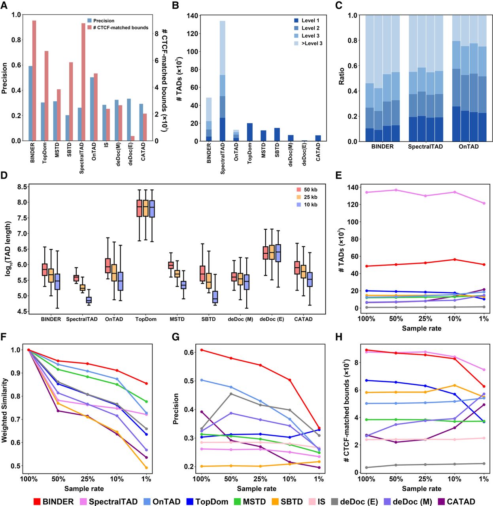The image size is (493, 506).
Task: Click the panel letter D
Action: point(4,175)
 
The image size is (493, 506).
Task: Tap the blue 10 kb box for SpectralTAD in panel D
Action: point(89,300)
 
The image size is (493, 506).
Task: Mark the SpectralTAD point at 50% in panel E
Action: point(396,190)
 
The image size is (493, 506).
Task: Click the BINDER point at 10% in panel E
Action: point(455,259)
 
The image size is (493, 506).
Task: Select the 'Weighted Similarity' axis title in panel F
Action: point(5,410)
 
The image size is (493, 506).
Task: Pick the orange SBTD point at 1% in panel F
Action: point(146,468)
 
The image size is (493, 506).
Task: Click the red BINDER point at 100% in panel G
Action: point(202,350)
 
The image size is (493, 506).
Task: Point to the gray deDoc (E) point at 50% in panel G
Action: point(231,394)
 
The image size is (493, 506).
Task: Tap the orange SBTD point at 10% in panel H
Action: point(455,385)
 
